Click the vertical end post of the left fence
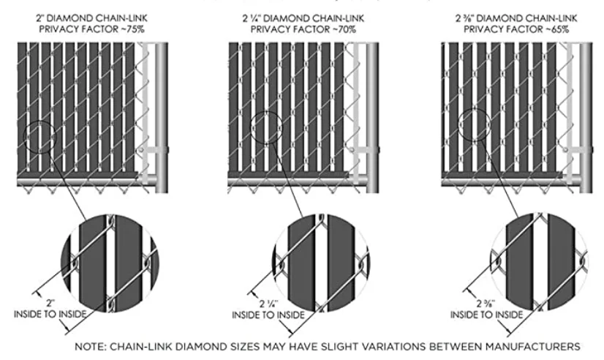162,117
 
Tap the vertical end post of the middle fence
372,117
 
